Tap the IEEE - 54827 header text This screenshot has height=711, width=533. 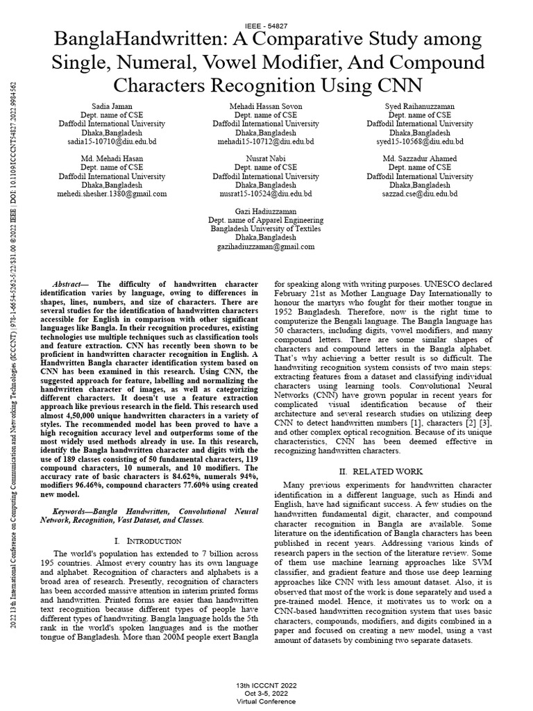[266, 25]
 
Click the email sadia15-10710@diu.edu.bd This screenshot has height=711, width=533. [112, 140]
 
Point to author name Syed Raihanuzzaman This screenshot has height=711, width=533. [421, 106]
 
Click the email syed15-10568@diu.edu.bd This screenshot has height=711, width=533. [421, 140]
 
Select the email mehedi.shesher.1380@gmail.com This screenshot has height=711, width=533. [112, 194]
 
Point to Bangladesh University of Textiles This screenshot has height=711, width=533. [266, 228]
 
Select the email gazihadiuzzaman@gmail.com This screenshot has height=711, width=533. [266, 246]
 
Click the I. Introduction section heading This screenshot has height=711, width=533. [146, 540]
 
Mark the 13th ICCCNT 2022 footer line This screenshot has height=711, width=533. [266, 685]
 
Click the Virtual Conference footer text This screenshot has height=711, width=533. [266, 701]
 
